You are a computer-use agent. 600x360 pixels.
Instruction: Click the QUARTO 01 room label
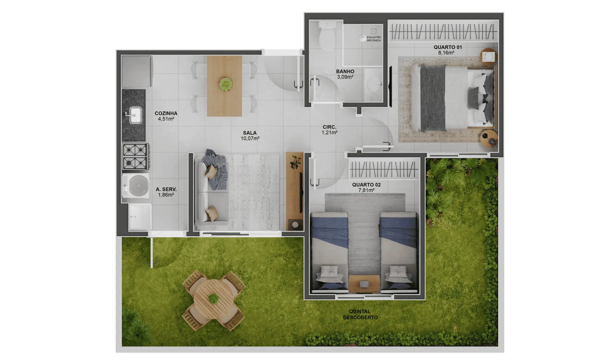point(447,47)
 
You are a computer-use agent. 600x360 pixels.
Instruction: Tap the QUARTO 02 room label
point(366,185)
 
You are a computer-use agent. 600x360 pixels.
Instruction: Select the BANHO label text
point(345,72)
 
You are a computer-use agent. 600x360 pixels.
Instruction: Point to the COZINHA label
point(166,113)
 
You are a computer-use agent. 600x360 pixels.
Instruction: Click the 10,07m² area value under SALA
point(250,138)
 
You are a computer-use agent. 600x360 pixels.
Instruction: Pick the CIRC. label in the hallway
point(329,127)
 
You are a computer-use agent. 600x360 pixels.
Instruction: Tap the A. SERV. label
point(166,189)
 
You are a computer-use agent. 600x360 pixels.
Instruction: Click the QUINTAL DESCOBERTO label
point(360,314)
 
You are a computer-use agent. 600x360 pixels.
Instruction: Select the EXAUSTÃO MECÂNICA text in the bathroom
point(374,39)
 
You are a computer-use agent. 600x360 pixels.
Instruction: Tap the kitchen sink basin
point(136,115)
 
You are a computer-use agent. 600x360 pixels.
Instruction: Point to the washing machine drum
point(138,185)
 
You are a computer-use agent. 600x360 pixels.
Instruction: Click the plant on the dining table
point(225,84)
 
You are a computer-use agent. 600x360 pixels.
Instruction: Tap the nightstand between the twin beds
point(364,284)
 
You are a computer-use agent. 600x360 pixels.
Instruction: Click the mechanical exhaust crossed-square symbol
point(373,31)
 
